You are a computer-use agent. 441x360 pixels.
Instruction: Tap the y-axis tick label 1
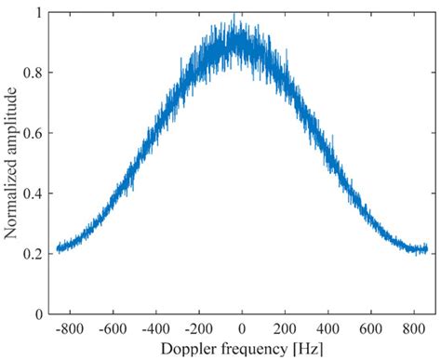pyautogui.click(x=37, y=13)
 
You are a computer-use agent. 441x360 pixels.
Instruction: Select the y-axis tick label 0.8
pyautogui.click(x=32, y=73)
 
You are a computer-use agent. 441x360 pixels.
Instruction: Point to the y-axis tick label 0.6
pyautogui.click(x=32, y=134)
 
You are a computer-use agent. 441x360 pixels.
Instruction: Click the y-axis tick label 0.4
pyautogui.click(x=32, y=194)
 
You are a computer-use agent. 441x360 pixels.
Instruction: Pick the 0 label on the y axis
pyautogui.click(x=37, y=314)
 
